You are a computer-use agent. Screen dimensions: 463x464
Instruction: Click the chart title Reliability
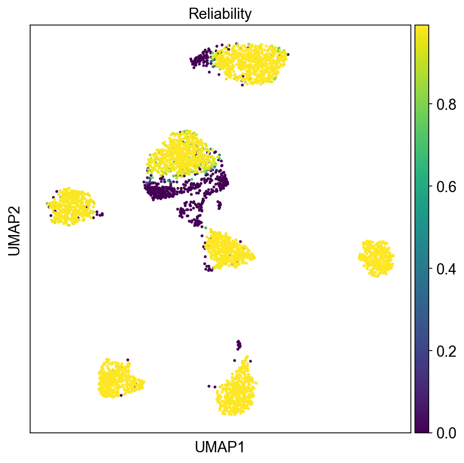[x=220, y=14]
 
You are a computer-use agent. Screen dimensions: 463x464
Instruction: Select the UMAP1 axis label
[x=220, y=447]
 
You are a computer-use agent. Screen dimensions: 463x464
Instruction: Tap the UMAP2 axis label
[x=14, y=228]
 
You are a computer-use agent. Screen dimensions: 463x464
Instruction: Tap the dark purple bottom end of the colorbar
[x=422, y=429]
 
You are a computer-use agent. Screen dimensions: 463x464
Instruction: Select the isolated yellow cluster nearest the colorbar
[x=377, y=258]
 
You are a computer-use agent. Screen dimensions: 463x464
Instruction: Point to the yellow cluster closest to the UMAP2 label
[x=72, y=206]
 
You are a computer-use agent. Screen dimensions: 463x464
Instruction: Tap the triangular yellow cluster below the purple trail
[x=226, y=250]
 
